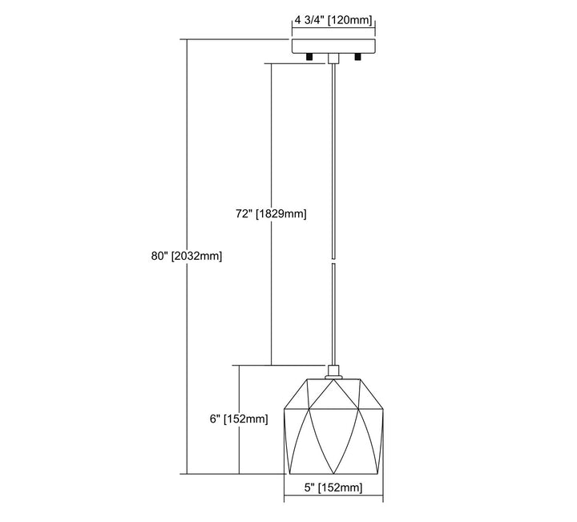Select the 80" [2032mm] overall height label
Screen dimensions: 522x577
[x=185, y=256]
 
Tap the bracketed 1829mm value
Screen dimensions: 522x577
[x=280, y=214]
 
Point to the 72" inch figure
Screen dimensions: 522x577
[x=244, y=214]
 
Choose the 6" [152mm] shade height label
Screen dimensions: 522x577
[x=237, y=419]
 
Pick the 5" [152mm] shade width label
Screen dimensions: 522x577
[x=333, y=488]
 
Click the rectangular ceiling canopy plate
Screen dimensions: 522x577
[x=333, y=45]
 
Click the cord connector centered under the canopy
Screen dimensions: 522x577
[x=333, y=58]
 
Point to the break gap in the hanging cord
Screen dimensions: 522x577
[x=333, y=263]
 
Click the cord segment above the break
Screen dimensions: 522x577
[x=333, y=160]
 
